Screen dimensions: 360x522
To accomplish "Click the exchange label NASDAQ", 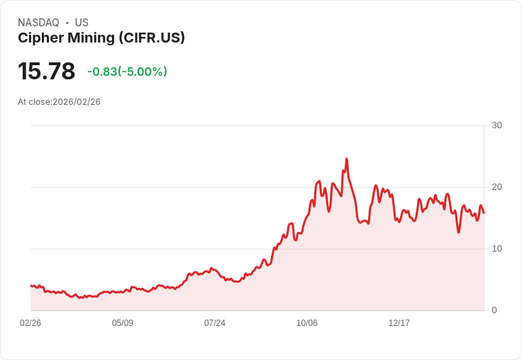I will pos(38,23).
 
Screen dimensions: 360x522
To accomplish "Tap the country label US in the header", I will pos(82,23).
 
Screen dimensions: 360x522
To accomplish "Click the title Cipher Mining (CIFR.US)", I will pos(101,38).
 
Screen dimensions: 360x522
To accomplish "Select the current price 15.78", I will pos(46,72).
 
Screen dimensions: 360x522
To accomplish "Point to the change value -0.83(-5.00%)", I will pos(127,72).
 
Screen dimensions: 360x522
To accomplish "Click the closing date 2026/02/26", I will pos(77,102).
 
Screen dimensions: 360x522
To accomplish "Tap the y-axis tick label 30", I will pos(496,125).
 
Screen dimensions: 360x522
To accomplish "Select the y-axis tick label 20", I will pos(496,187).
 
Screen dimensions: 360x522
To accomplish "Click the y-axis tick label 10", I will pos(496,249).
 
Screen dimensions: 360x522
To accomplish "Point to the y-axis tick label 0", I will pos(494,310).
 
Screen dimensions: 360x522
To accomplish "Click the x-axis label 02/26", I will pos(30,323).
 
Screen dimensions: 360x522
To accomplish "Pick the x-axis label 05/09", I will pos(123,323).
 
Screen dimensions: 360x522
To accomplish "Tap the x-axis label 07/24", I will pos(215,323).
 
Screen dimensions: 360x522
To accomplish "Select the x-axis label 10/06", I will pos(307,323).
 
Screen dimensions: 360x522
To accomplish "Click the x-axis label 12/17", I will pos(399,323).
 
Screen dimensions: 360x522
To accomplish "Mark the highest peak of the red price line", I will pos(346,159).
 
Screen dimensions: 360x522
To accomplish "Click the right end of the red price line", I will pos(484,213).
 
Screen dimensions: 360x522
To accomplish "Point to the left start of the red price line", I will pos(30,286).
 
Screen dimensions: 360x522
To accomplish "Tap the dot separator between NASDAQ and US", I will pos(67,23).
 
